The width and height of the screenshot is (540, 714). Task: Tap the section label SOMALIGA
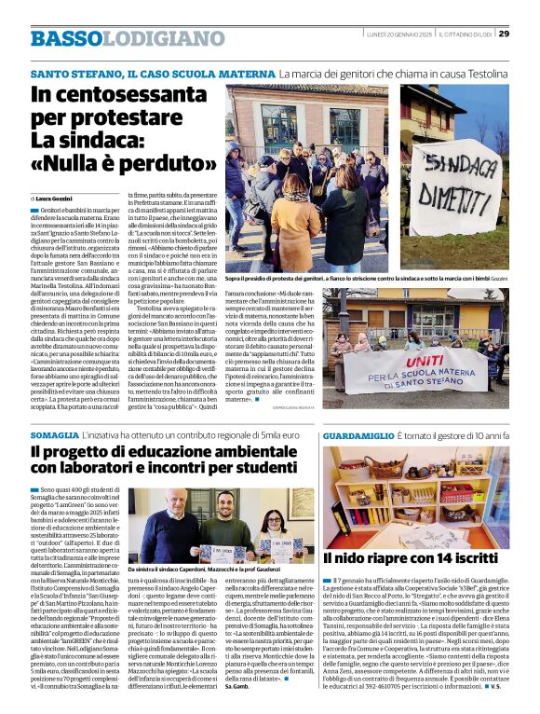[54, 436]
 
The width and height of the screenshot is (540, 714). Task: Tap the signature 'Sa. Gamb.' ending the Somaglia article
[238, 687]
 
